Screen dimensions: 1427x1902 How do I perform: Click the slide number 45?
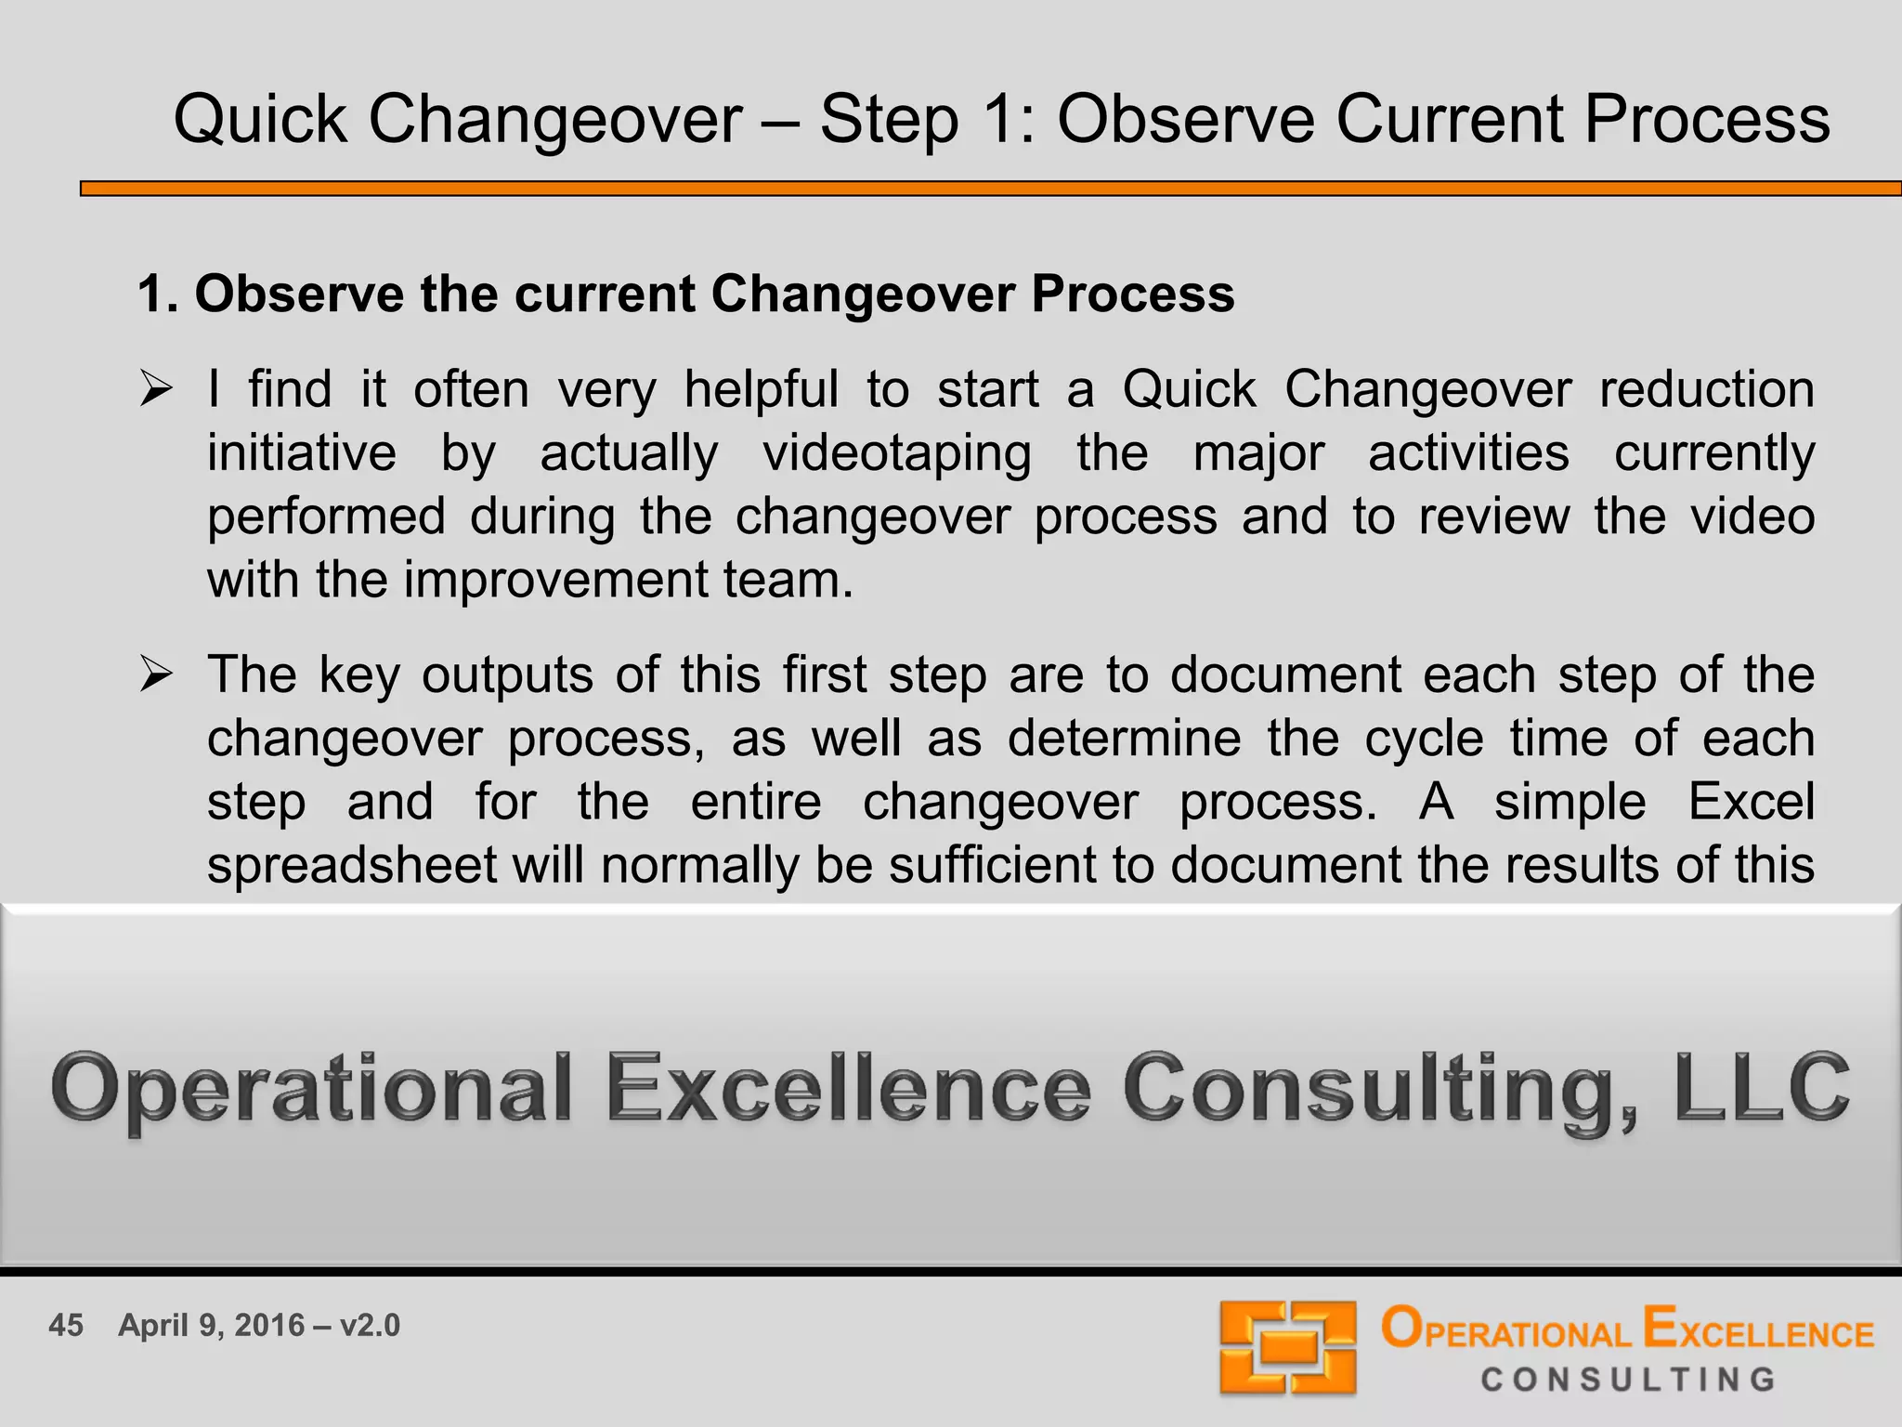pos(66,1325)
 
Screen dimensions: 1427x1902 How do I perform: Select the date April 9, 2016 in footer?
pos(212,1325)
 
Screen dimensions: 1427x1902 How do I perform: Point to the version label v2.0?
pos(370,1325)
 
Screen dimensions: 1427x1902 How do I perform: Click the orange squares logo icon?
pos(1287,1347)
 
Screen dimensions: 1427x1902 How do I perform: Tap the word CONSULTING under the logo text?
pos(1628,1380)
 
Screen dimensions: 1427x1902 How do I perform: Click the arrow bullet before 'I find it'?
pos(156,388)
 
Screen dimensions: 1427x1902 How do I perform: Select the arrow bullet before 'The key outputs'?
pos(156,674)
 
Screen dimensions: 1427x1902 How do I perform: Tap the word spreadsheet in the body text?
pos(352,865)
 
